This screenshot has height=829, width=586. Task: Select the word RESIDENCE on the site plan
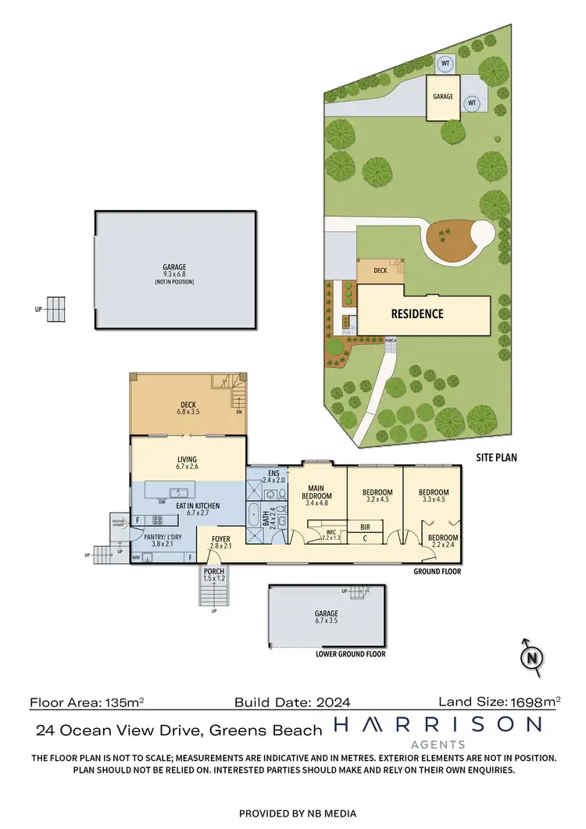[x=417, y=314]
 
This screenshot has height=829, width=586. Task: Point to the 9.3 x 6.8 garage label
[x=174, y=273]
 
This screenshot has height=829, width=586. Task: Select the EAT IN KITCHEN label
[x=188, y=510]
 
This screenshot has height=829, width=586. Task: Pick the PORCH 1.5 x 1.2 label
[x=213, y=576]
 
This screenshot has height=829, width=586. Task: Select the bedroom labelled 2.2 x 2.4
[x=442, y=541]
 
